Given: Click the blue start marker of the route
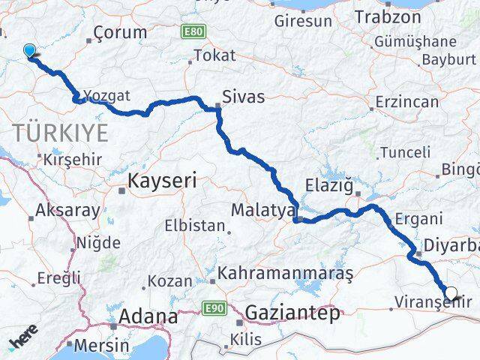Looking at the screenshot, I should coord(30,51).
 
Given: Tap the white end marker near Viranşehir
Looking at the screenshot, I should coord(451,294).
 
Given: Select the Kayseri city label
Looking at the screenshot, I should coord(162,181).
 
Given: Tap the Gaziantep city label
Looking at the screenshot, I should coord(293,313).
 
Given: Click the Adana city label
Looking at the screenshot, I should coord(142,315).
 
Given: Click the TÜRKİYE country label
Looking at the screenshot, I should coord(60,134).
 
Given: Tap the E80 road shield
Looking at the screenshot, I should coord(193,31).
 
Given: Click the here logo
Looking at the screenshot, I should coord(23,341).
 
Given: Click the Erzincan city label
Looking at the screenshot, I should coord(409,100).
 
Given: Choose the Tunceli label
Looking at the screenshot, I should coord(406,152).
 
